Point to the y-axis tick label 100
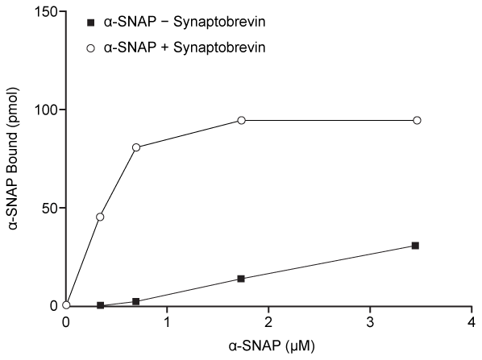44,110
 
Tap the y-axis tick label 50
48,208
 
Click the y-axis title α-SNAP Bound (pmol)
15,159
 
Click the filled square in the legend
91,20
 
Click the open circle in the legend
91,47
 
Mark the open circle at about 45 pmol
100,217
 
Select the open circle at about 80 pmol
136,147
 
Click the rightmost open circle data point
417,120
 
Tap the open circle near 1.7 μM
241,120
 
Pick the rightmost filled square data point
415,246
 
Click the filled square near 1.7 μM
241,279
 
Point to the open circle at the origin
66,305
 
